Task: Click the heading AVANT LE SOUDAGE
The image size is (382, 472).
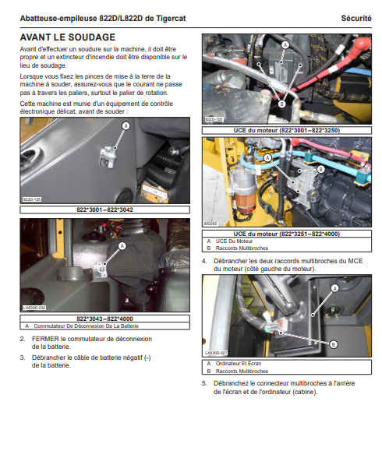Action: tap(68, 37)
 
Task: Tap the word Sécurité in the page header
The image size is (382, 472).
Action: tap(356, 19)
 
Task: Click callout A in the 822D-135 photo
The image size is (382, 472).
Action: tap(126, 126)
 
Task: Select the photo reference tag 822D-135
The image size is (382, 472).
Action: tap(32, 199)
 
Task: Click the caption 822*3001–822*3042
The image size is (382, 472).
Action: tap(104, 210)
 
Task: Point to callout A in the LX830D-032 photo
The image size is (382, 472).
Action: tap(122, 246)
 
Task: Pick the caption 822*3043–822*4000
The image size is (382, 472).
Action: tap(104, 319)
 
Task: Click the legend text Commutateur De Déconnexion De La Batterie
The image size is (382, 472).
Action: tap(87, 326)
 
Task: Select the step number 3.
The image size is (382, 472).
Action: tap(23, 358)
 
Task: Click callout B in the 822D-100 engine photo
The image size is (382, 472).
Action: tap(281, 104)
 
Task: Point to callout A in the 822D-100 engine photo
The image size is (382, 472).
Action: tap(285, 45)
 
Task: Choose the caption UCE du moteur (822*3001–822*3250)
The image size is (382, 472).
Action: tap(287, 130)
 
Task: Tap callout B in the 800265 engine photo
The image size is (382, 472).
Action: tap(321, 170)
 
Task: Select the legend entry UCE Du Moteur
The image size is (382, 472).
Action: tap(234, 241)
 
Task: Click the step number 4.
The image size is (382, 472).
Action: tap(204, 261)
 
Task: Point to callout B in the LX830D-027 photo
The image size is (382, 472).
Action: tap(334, 344)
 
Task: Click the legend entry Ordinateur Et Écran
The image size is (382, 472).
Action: tap(239, 363)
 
